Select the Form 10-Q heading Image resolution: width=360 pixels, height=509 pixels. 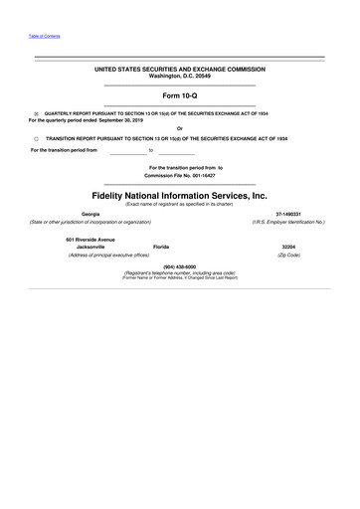coord(180,95)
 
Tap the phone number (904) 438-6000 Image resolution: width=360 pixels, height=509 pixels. coord(180,265)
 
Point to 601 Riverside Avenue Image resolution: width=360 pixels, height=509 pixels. coord(90,239)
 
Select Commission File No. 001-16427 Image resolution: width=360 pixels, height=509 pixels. coord(180,175)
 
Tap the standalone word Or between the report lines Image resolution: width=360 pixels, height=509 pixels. coord(180,126)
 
